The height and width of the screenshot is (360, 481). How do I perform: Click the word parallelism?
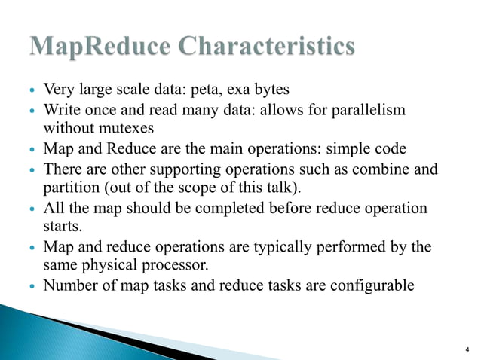(x=367, y=111)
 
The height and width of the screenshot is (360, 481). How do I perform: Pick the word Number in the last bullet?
(x=70, y=285)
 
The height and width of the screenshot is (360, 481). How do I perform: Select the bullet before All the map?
(x=32, y=208)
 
